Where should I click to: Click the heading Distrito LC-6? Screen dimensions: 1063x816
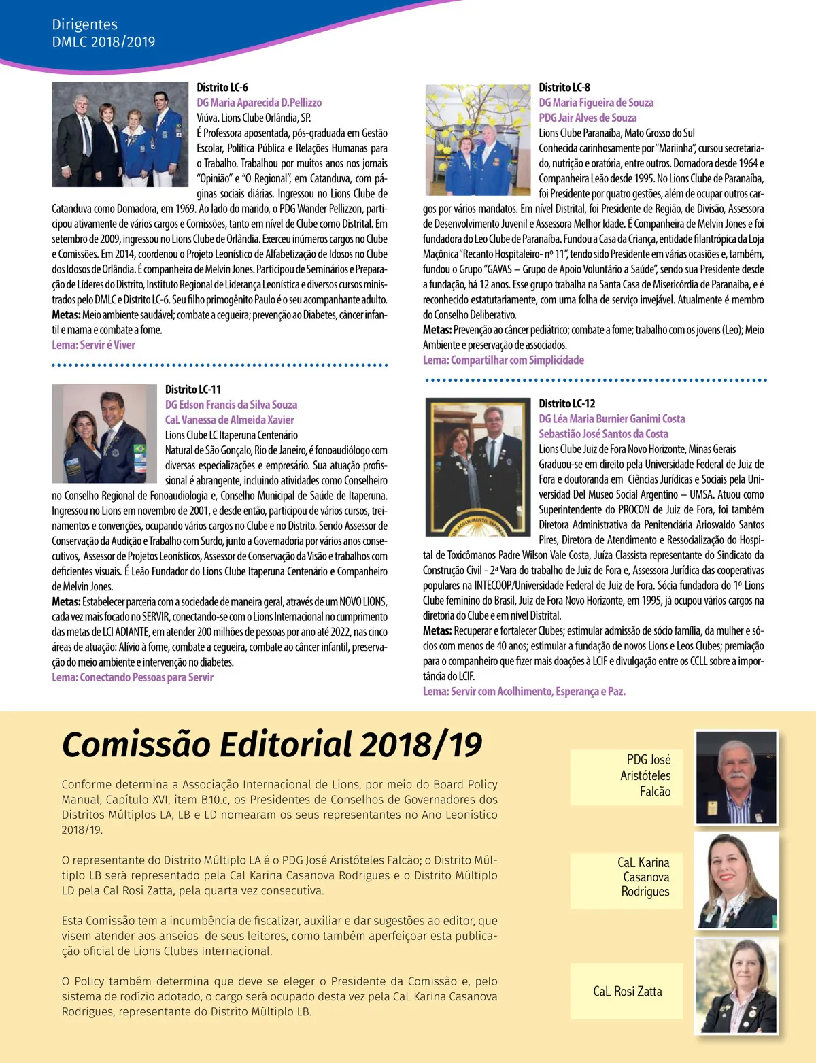(x=222, y=88)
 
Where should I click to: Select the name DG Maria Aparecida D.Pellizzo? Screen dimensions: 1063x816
(x=259, y=103)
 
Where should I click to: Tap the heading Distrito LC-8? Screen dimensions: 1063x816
(x=564, y=88)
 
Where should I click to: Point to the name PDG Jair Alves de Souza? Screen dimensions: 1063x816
(x=588, y=118)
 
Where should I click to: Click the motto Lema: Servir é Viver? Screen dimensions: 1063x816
(x=94, y=345)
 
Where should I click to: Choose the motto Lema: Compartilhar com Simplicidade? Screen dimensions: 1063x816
(x=503, y=360)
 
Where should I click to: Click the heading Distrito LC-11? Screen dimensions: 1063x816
(x=193, y=390)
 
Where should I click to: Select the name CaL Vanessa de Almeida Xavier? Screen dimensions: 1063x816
(x=230, y=420)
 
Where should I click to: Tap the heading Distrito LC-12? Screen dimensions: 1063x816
(x=567, y=403)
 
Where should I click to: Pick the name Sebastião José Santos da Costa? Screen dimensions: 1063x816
(x=604, y=434)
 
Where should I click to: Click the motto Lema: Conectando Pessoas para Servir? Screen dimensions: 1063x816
(x=133, y=677)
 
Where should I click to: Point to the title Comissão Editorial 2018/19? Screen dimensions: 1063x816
(x=272, y=744)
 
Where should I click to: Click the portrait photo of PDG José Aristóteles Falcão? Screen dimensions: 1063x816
(x=736, y=777)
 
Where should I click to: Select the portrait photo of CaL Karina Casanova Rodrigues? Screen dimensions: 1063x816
(x=736, y=881)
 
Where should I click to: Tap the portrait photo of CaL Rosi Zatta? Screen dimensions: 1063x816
(x=736, y=986)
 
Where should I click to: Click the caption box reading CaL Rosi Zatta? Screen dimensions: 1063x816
(x=627, y=992)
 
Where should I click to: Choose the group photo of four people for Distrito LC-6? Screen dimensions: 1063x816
(x=120, y=134)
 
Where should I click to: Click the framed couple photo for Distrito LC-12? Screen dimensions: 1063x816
(x=476, y=467)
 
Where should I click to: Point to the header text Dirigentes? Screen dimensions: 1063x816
(x=84, y=25)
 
